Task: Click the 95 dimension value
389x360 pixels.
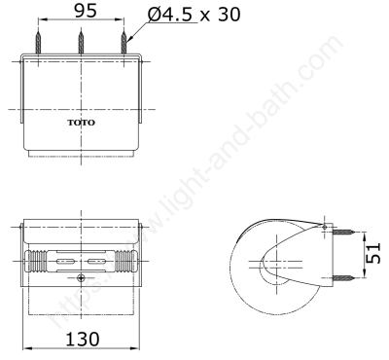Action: pos(86,11)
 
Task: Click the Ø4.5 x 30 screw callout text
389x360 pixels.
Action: pos(194,15)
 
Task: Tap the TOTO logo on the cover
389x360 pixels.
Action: pos(82,123)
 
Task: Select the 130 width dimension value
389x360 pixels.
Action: pos(83,340)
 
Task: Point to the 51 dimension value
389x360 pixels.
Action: pos(373,253)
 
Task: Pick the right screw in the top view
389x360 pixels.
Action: pos(124,43)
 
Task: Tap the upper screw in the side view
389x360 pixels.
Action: pos(343,232)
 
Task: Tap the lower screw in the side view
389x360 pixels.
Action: pos(343,277)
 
